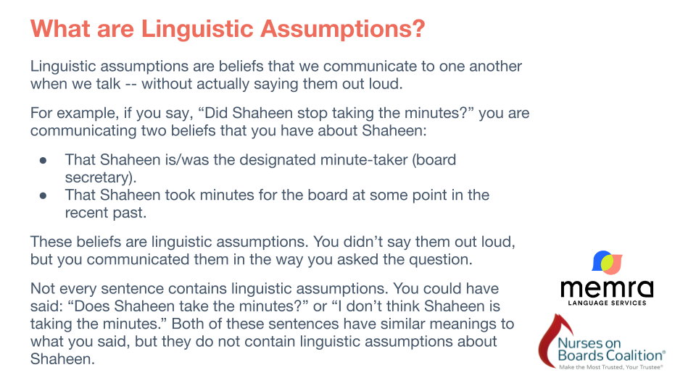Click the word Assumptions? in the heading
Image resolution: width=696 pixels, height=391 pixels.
click(x=343, y=29)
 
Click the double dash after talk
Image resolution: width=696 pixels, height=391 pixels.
click(x=131, y=84)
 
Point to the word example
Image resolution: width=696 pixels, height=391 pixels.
click(x=86, y=114)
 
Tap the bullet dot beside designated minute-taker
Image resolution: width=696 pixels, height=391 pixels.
click(x=43, y=160)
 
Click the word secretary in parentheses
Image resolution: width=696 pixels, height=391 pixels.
click(x=98, y=178)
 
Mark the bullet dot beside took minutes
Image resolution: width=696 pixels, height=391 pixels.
click(x=43, y=195)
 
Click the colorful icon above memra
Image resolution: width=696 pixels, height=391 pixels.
click(x=608, y=262)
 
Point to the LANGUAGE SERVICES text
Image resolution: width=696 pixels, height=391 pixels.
click(x=608, y=303)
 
